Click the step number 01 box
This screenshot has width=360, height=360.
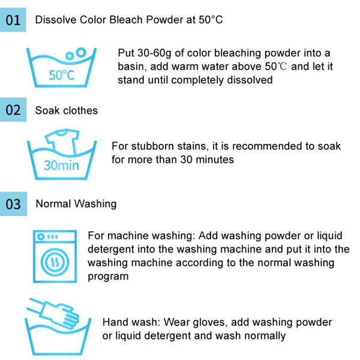pyautogui.click(x=13, y=20)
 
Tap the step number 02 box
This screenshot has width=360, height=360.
pyautogui.click(x=13, y=110)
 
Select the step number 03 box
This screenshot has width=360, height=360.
pyautogui.click(x=13, y=204)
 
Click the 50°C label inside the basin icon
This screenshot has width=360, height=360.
pyautogui.click(x=62, y=75)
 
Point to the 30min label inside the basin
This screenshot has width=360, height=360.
pyautogui.click(x=61, y=166)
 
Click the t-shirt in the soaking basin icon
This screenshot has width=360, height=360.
pyautogui.click(x=62, y=140)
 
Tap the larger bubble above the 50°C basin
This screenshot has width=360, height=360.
pyautogui.click(x=81, y=52)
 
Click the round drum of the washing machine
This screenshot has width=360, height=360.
pyautogui.click(x=55, y=262)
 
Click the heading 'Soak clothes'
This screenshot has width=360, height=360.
pyautogui.click(x=67, y=110)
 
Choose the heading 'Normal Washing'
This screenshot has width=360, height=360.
pyautogui.click(x=76, y=204)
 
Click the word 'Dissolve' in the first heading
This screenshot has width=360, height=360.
pyautogui.click(x=56, y=20)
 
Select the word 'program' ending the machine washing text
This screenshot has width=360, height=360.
pyautogui.click(x=108, y=277)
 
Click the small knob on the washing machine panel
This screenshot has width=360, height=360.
pyautogui.click(x=41, y=236)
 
